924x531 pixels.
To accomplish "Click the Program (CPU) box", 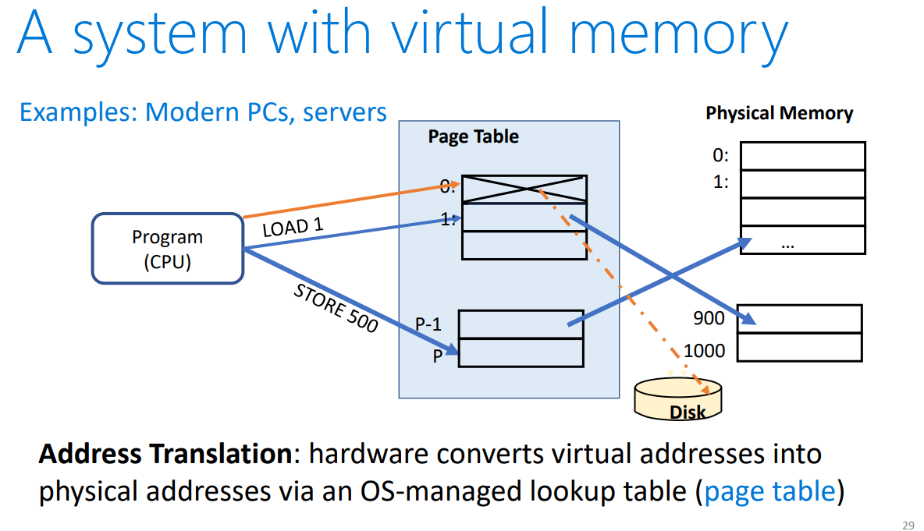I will [x=167, y=248].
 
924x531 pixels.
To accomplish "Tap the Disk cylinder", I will [x=678, y=400].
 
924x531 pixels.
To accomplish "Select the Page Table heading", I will [x=473, y=136].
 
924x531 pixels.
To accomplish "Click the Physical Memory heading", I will [x=779, y=113].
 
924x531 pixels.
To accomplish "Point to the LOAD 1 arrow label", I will [x=293, y=228].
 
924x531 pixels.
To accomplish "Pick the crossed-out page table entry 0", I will [x=524, y=189].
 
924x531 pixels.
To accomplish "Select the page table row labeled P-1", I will [x=521, y=324].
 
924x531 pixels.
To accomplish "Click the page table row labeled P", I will [x=521, y=352].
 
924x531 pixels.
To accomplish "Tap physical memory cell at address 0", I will [x=802, y=156].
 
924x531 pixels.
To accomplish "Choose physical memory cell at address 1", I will [x=802, y=183].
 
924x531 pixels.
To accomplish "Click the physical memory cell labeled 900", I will [x=799, y=319].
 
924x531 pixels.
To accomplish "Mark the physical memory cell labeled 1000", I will [x=799, y=347].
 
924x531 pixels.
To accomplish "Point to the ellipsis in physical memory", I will [x=787, y=242].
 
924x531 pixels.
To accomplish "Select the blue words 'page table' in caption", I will [x=769, y=492].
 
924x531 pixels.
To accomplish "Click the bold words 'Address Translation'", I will [x=164, y=454].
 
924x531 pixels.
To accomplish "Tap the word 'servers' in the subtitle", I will [x=345, y=112].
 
